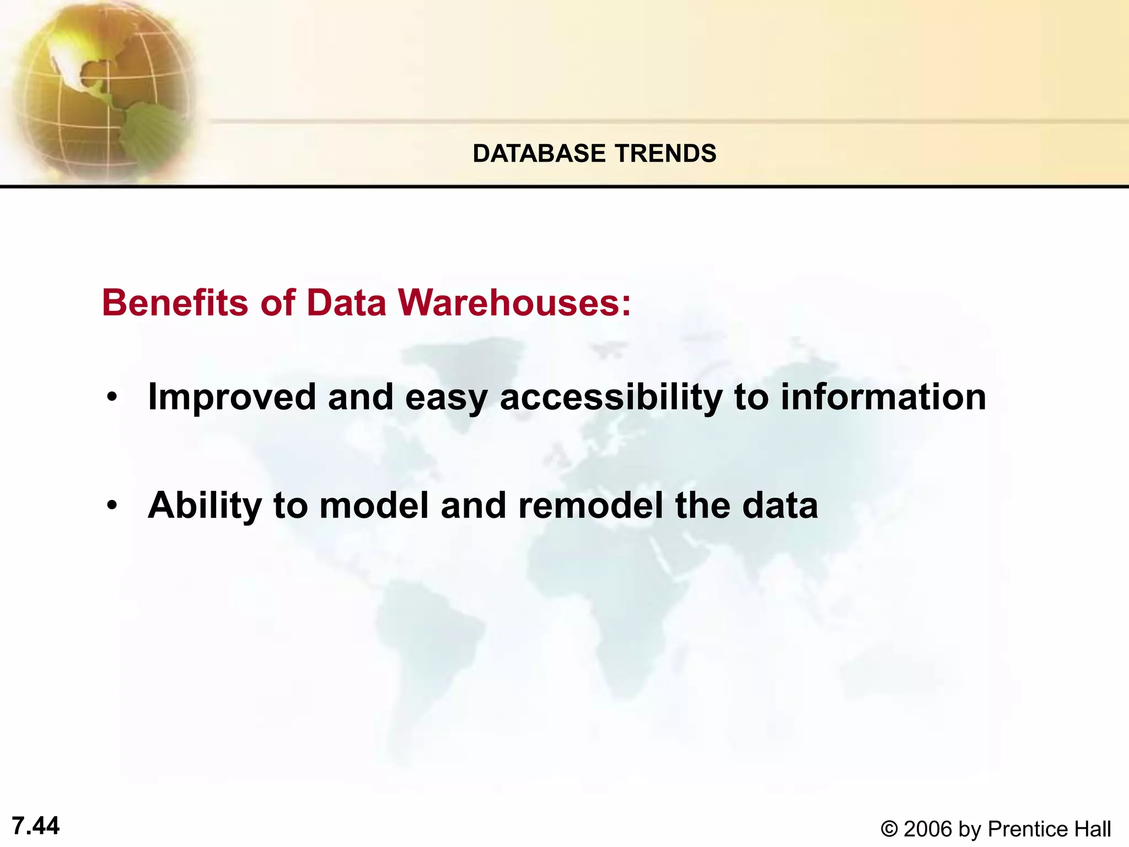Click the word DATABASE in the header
coord(539,153)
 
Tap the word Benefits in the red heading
coord(175,303)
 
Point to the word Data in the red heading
coord(346,303)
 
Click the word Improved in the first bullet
coord(232,397)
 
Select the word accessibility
coord(611,397)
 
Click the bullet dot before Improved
coord(112,398)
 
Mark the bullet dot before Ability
coord(112,506)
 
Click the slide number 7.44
coord(36,825)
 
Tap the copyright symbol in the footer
coord(889,829)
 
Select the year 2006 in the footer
coord(928,829)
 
